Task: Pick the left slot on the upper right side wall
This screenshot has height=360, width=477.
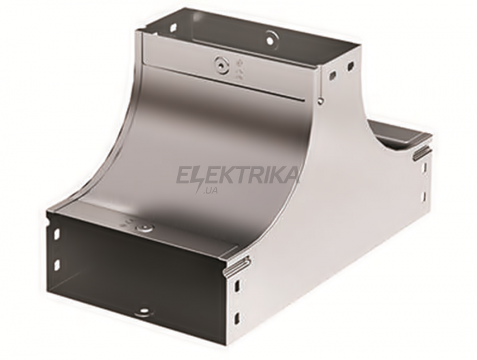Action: click(x=334, y=74)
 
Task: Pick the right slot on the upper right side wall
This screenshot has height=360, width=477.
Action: click(x=352, y=65)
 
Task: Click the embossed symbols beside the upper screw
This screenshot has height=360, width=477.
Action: click(x=239, y=71)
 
